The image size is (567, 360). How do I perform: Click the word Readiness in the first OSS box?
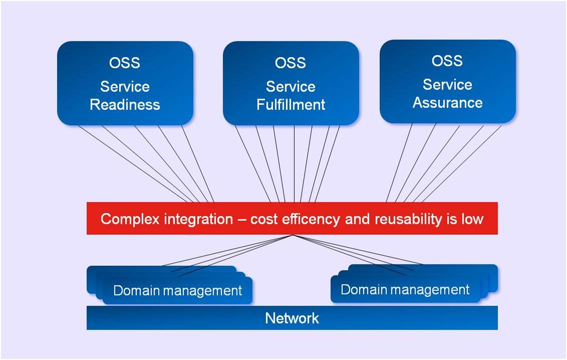pos(125,105)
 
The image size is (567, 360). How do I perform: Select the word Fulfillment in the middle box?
pos(291,105)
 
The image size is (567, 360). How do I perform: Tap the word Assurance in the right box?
pos(448,103)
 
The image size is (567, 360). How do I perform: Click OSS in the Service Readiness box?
pos(125,63)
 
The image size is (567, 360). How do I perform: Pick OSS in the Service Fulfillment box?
pos(291,63)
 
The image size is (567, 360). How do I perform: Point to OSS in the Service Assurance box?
pos(447,61)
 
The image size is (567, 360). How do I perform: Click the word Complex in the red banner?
pos(131,219)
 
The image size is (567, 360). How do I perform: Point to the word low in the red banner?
pos(472,219)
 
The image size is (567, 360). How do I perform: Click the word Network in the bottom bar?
pos(292,318)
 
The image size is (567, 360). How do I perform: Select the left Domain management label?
pos(177,290)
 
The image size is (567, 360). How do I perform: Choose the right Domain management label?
pos(405,289)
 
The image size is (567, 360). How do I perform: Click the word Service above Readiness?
pos(125,87)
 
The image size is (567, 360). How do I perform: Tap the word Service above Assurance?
pos(448,85)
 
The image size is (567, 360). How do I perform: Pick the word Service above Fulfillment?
pos(291,87)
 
